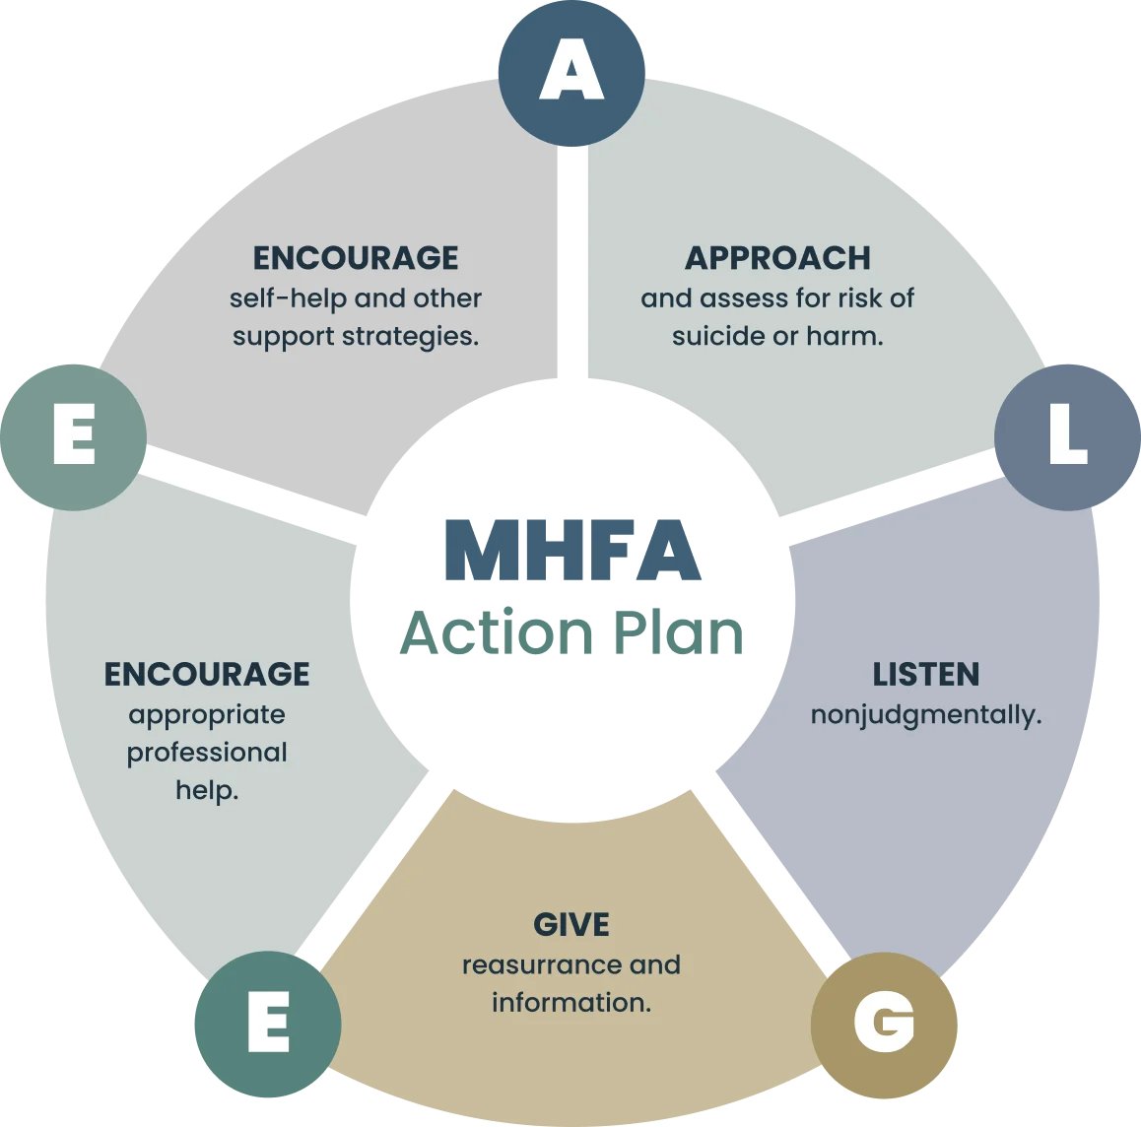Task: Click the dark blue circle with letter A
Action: tap(571, 73)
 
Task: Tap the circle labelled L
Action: tap(1067, 437)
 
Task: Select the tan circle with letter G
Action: tap(884, 1026)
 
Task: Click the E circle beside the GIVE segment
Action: tap(268, 1024)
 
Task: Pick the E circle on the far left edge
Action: tap(74, 437)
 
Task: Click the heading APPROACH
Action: tap(777, 258)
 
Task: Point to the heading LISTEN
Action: tap(925, 675)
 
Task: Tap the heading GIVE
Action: tap(571, 925)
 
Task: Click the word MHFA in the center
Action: tap(572, 550)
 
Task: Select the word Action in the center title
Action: tap(497, 632)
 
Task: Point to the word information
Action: tap(571, 1003)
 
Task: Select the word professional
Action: tap(207, 754)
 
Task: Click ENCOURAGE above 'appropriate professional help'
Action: tap(207, 675)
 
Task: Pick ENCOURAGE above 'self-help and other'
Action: tap(355, 258)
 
